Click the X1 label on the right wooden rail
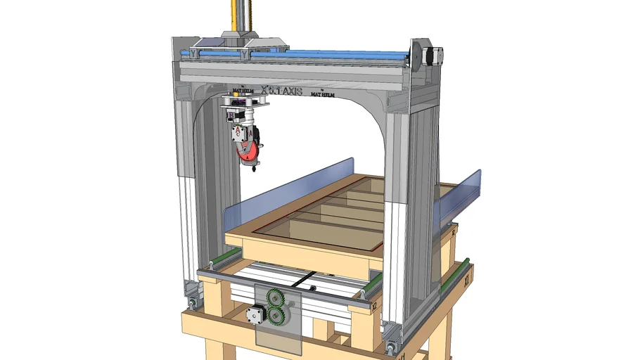[465, 278]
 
